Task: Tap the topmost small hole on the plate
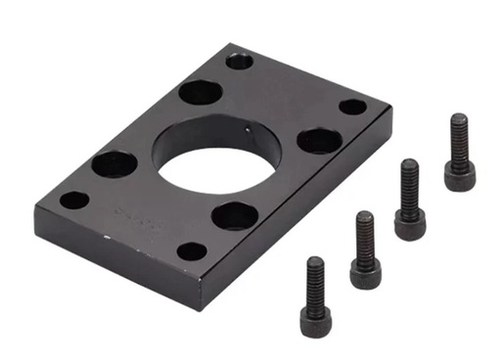coord(240,61)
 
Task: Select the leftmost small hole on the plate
coord(74,201)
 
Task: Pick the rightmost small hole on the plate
coord(352,107)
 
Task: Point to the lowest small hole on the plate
coord(193,250)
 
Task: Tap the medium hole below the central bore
coord(235,215)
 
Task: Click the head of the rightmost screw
coord(459,175)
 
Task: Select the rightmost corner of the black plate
coord(382,110)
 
